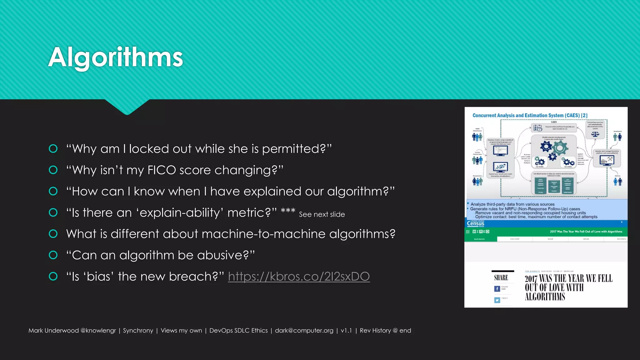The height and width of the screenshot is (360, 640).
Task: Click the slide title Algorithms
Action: [115, 57]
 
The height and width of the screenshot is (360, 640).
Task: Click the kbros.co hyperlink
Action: [299, 277]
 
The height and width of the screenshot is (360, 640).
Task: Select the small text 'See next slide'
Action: [322, 214]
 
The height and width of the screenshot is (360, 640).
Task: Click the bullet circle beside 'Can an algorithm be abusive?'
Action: [53, 255]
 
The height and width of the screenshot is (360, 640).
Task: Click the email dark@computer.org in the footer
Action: [304, 331]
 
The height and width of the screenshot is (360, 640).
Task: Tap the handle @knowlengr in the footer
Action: [98, 331]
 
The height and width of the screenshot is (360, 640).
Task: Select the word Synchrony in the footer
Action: [138, 331]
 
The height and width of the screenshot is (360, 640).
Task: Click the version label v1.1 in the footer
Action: [346, 331]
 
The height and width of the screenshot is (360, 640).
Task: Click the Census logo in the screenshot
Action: [475, 223]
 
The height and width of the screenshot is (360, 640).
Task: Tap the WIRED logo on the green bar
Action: [481, 232]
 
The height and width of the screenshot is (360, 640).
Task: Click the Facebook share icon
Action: [497, 289]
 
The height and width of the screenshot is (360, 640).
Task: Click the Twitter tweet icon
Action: [497, 300]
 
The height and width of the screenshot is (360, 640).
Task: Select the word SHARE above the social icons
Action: [501, 278]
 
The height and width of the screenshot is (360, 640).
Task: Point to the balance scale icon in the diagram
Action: [595, 134]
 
